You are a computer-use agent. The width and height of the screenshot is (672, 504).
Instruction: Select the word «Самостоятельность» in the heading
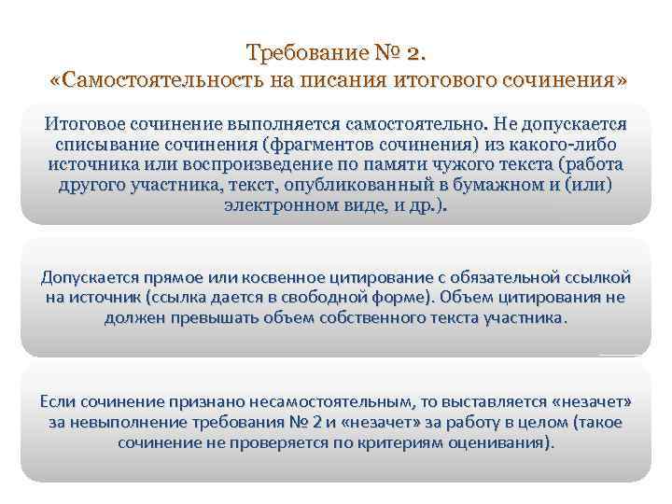tap(161, 80)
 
